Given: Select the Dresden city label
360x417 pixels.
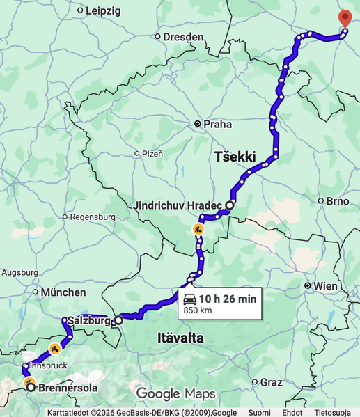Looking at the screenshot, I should click(183, 36).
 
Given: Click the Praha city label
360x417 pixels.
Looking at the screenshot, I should click(217, 124).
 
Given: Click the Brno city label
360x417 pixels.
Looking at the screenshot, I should click(338, 201).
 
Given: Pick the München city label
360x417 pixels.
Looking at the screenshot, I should click(63, 292).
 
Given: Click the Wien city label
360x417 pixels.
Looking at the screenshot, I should click(325, 286).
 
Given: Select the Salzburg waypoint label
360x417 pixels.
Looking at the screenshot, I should click(90, 321).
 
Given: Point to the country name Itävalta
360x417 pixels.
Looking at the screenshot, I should click(175, 338).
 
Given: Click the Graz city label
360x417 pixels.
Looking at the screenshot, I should click(272, 382).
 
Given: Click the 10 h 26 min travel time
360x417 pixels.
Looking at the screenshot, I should click(228, 299).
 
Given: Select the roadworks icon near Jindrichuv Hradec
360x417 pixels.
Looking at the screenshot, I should click(198, 228).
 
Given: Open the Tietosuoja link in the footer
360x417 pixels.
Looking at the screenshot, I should click(332, 412).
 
